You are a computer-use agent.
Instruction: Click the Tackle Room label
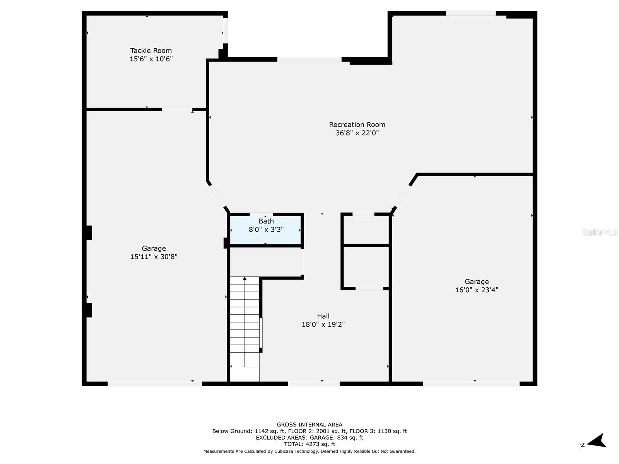pos(151,51)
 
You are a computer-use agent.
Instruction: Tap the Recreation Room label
pos(357,125)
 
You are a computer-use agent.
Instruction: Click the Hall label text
pos(323,316)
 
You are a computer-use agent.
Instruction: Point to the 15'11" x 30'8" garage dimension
pos(154,257)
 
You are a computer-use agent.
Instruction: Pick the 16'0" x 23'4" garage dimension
pos(477,290)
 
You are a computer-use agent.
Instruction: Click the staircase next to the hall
pos(245,329)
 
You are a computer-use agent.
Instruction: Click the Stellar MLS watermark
pos(600,232)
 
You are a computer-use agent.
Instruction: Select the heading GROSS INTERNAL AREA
pos(309,425)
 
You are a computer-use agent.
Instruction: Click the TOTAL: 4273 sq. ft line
pos(309,444)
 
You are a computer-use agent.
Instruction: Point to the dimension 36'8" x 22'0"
pos(357,133)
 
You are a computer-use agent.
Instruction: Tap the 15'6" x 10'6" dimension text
pos(151,59)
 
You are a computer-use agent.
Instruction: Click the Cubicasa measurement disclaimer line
pos(309,451)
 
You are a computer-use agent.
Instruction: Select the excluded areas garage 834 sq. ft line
pos(309,438)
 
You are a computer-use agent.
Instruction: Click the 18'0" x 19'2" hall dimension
pos(323,324)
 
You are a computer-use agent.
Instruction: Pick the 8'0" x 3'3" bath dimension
pos(266,229)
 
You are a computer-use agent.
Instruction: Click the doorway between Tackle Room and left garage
pos(177,109)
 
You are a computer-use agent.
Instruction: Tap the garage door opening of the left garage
pos(155,384)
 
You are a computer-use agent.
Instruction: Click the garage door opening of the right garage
pos(471,384)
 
